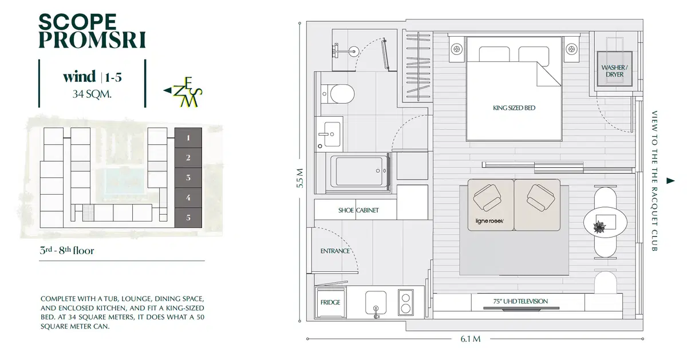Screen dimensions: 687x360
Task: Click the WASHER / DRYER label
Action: (x=614, y=71)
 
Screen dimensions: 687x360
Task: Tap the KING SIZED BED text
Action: (x=514, y=108)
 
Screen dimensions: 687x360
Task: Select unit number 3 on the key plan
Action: (x=188, y=177)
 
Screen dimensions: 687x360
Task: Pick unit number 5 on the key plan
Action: (x=188, y=217)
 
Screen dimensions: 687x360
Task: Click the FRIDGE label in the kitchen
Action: (x=330, y=302)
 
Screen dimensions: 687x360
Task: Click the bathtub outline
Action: (x=359, y=171)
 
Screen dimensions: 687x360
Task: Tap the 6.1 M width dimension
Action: (x=470, y=339)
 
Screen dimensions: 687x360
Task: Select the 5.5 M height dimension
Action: (x=300, y=178)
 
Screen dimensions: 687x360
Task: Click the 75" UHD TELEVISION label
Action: (x=520, y=302)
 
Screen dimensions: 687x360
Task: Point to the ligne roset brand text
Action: (x=489, y=221)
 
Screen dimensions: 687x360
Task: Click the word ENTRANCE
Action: (x=335, y=251)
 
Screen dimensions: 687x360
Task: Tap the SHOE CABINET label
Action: (x=358, y=211)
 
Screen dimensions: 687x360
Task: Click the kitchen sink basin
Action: (x=376, y=303)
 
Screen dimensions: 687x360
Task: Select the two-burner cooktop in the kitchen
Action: (x=406, y=303)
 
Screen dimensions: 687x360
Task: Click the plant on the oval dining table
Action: (x=599, y=227)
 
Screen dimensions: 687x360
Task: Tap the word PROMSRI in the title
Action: (x=92, y=40)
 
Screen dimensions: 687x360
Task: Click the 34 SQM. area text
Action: (x=92, y=94)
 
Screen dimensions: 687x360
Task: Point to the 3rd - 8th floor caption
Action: (x=66, y=250)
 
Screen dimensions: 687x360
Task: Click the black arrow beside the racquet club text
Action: (x=670, y=181)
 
